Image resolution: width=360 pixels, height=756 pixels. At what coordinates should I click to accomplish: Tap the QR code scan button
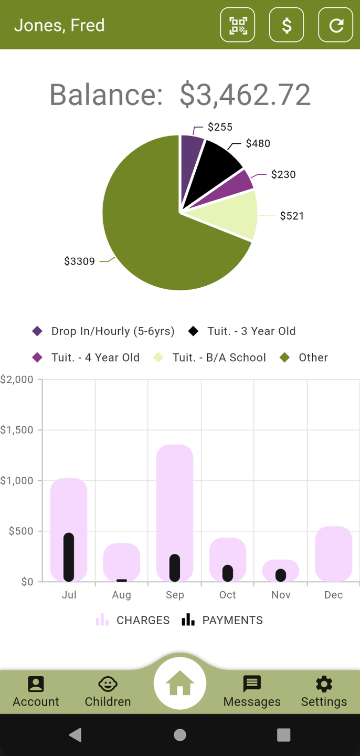[x=238, y=25]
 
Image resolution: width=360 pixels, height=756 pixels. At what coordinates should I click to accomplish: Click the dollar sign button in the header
[x=287, y=25]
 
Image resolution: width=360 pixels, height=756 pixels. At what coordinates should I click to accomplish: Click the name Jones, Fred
[x=59, y=25]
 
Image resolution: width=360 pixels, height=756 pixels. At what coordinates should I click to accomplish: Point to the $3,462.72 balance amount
[x=245, y=94]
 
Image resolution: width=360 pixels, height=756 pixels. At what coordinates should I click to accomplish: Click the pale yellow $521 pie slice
[x=233, y=214]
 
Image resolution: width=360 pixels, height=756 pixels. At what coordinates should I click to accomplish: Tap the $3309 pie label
[x=80, y=261]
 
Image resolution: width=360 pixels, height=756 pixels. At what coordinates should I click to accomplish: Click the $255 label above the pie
[x=220, y=127]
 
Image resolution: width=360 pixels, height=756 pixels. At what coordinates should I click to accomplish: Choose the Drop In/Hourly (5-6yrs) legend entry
[x=103, y=331]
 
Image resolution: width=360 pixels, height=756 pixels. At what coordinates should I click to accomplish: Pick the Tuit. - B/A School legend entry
[x=209, y=358]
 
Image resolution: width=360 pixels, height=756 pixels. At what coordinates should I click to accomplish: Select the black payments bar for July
[x=69, y=557]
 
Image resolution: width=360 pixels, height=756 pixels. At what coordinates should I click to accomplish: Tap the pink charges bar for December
[x=334, y=553]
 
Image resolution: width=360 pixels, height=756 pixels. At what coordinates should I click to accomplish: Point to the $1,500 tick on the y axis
[x=17, y=429]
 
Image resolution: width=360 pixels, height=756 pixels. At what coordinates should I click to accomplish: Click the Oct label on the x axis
[x=228, y=595]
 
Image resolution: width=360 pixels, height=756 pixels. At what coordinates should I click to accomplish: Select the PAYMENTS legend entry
[x=222, y=620]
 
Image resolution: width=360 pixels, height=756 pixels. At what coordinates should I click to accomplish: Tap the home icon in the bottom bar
[x=180, y=683]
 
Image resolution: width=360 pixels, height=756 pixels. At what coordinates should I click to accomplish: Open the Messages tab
[x=252, y=691]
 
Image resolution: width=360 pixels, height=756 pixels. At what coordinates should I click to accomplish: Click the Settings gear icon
[x=324, y=684]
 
